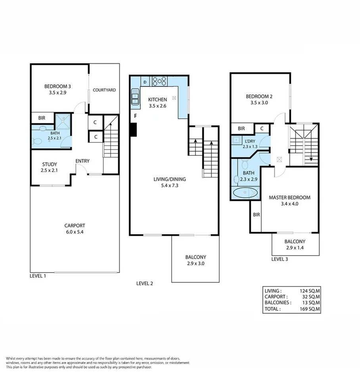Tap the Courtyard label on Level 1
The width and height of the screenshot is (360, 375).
pos(104,90)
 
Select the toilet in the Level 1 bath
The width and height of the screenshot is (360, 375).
pos(38,141)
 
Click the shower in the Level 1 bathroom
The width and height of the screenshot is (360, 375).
pos(62,120)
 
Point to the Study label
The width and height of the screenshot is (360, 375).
pos(50,164)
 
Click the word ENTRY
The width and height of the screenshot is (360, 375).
pos(82,161)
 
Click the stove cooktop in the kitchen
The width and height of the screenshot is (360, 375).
pos(159,81)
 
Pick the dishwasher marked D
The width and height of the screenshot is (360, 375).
pos(145,82)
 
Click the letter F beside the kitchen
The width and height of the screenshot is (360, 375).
pos(136,116)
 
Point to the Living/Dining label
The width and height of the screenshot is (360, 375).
pos(170,179)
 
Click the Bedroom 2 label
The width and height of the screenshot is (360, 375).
pos(259,96)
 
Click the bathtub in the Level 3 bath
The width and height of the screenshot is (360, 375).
pos(245,193)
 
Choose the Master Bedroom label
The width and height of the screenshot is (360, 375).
pos(289,198)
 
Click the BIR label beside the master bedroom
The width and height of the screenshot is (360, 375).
pos(256,215)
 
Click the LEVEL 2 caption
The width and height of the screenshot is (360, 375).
pos(145,283)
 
